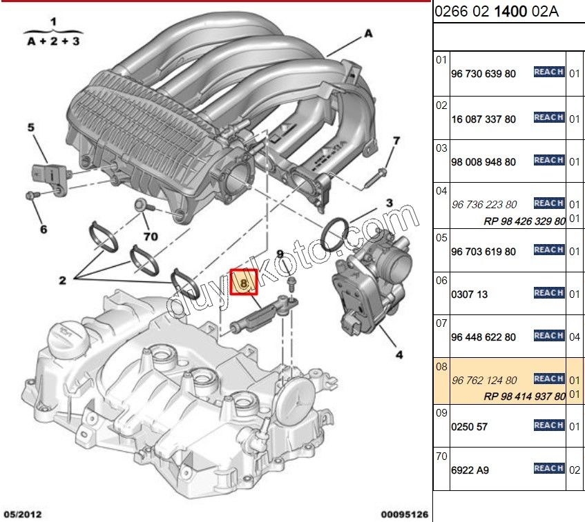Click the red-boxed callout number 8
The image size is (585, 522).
tap(243, 281)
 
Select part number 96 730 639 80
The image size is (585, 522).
tap(483, 74)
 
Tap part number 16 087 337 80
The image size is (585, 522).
tap(483, 119)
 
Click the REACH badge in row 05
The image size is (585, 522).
tap(549, 250)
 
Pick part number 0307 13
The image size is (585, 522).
tap(469, 294)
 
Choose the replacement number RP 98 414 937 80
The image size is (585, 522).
tap(524, 396)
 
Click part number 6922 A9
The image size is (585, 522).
tap(470, 470)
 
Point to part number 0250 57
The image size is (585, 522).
tap(469, 427)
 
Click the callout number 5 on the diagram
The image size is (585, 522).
tap(30, 128)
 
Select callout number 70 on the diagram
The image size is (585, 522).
tap(150, 237)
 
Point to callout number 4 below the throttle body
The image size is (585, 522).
tap(399, 356)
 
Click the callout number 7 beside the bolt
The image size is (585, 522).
tap(396, 141)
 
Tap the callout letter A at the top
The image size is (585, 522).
tap(368, 33)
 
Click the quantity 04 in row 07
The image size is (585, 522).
tap(575, 337)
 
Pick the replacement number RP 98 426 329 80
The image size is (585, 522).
tap(524, 221)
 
